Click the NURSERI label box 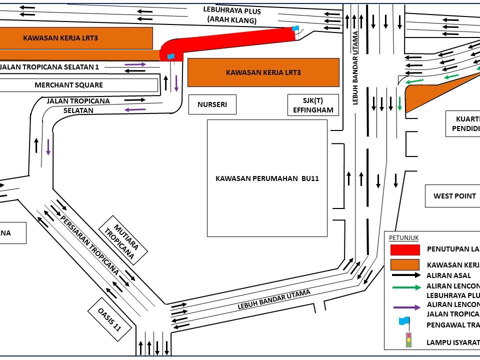[x=212, y=105]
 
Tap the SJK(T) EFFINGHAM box [x=313, y=105]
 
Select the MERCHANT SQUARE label [x=68, y=85]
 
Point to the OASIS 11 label [x=109, y=319]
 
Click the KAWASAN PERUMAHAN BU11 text [x=267, y=178]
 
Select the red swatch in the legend [x=404, y=249]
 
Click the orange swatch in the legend [x=404, y=264]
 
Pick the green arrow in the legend [x=406, y=287]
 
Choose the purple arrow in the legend [x=406, y=307]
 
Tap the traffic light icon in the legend [x=408, y=340]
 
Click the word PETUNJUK [x=404, y=238]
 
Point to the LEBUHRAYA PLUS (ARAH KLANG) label [x=232, y=15]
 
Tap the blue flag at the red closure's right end [x=295, y=29]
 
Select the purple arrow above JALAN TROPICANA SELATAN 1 [x=135, y=64]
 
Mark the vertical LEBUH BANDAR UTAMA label [x=356, y=68]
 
